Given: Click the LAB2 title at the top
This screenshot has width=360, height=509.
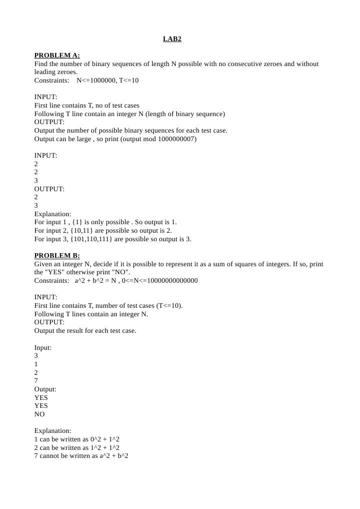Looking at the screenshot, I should pyautogui.click(x=172, y=39).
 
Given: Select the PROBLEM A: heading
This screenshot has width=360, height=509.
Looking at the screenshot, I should pyautogui.click(x=57, y=56).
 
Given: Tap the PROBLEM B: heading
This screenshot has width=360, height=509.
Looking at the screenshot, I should pyautogui.click(x=57, y=256).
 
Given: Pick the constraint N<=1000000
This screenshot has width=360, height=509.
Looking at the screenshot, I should pyautogui.click(x=96, y=80).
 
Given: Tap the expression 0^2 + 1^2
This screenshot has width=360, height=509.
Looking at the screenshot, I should pyautogui.click(x=105, y=439).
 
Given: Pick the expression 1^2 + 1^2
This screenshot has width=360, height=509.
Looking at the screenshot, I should pyautogui.click(x=105, y=447).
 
